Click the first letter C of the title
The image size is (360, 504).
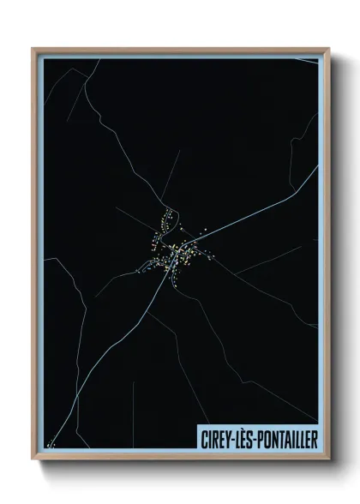pyautogui.click(x=201, y=438)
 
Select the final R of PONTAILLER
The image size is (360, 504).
pyautogui.click(x=313, y=438)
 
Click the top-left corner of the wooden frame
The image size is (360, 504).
pyautogui.click(x=33, y=49)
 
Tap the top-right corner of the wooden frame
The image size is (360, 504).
pyautogui.click(x=328, y=49)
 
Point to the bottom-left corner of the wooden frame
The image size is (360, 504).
pyautogui.click(x=33, y=460)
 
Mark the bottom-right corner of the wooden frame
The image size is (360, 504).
pyautogui.click(x=328, y=460)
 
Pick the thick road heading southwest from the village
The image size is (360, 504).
pyautogui.click(x=120, y=343)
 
